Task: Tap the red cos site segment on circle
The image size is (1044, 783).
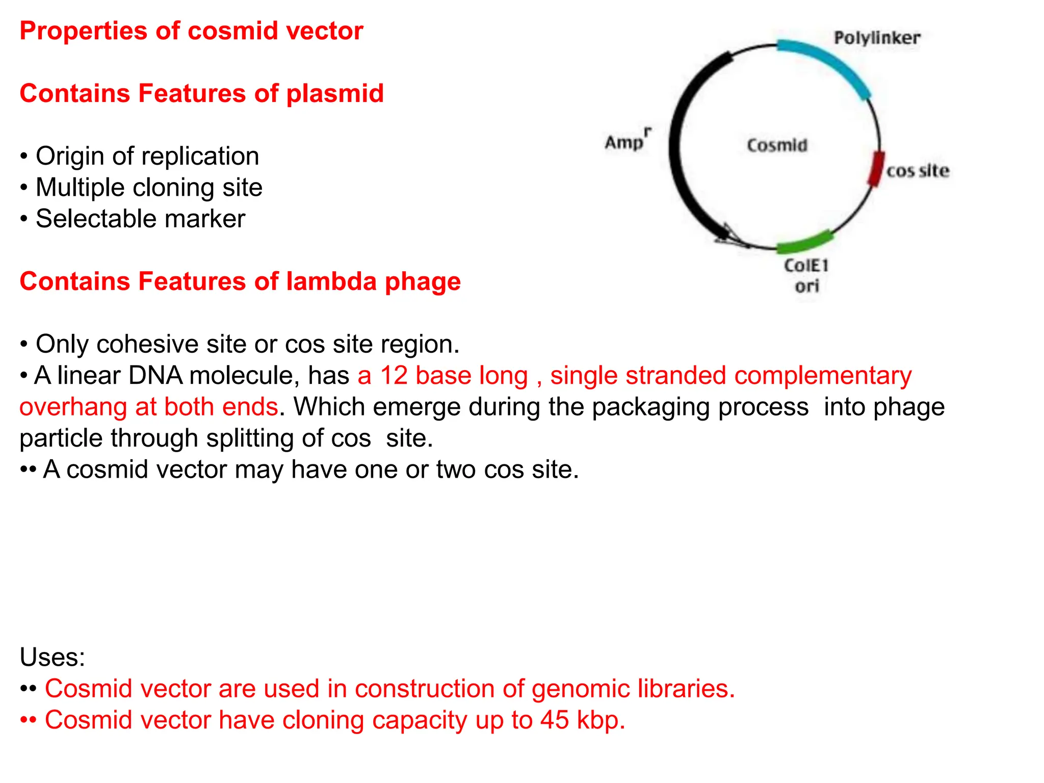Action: [x=876, y=169]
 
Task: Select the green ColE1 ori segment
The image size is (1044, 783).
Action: [x=805, y=242]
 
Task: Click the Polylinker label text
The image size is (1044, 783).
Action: [x=877, y=38]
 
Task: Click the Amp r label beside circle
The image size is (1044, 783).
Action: [x=627, y=140]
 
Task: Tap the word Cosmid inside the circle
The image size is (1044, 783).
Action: [x=777, y=145]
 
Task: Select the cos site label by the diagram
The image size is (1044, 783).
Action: [x=918, y=171]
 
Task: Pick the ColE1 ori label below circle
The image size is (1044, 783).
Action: [x=806, y=275]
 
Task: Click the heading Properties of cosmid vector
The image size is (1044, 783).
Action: [x=191, y=31]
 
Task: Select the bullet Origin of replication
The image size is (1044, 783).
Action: [x=147, y=156]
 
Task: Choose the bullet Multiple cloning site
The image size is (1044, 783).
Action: [x=149, y=188]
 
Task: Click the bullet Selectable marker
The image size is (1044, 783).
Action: [x=140, y=219]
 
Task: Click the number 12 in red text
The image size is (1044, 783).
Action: [x=394, y=376]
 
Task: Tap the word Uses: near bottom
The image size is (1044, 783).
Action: [x=52, y=657]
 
